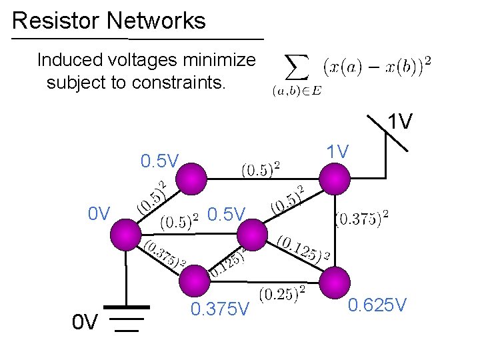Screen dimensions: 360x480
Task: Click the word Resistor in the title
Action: click(x=56, y=21)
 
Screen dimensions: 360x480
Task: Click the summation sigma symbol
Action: click(x=297, y=67)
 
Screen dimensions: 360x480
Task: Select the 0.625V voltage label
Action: click(x=377, y=306)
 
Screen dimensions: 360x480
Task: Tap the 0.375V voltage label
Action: click(x=219, y=310)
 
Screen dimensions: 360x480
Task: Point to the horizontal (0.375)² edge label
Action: click(x=361, y=218)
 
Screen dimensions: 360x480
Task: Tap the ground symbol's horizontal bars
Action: click(x=125, y=319)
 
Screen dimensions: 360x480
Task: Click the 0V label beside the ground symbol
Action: click(x=86, y=323)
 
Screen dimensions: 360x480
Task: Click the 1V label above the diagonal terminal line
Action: click(x=400, y=122)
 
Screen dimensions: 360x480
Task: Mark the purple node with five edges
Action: click(x=251, y=235)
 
